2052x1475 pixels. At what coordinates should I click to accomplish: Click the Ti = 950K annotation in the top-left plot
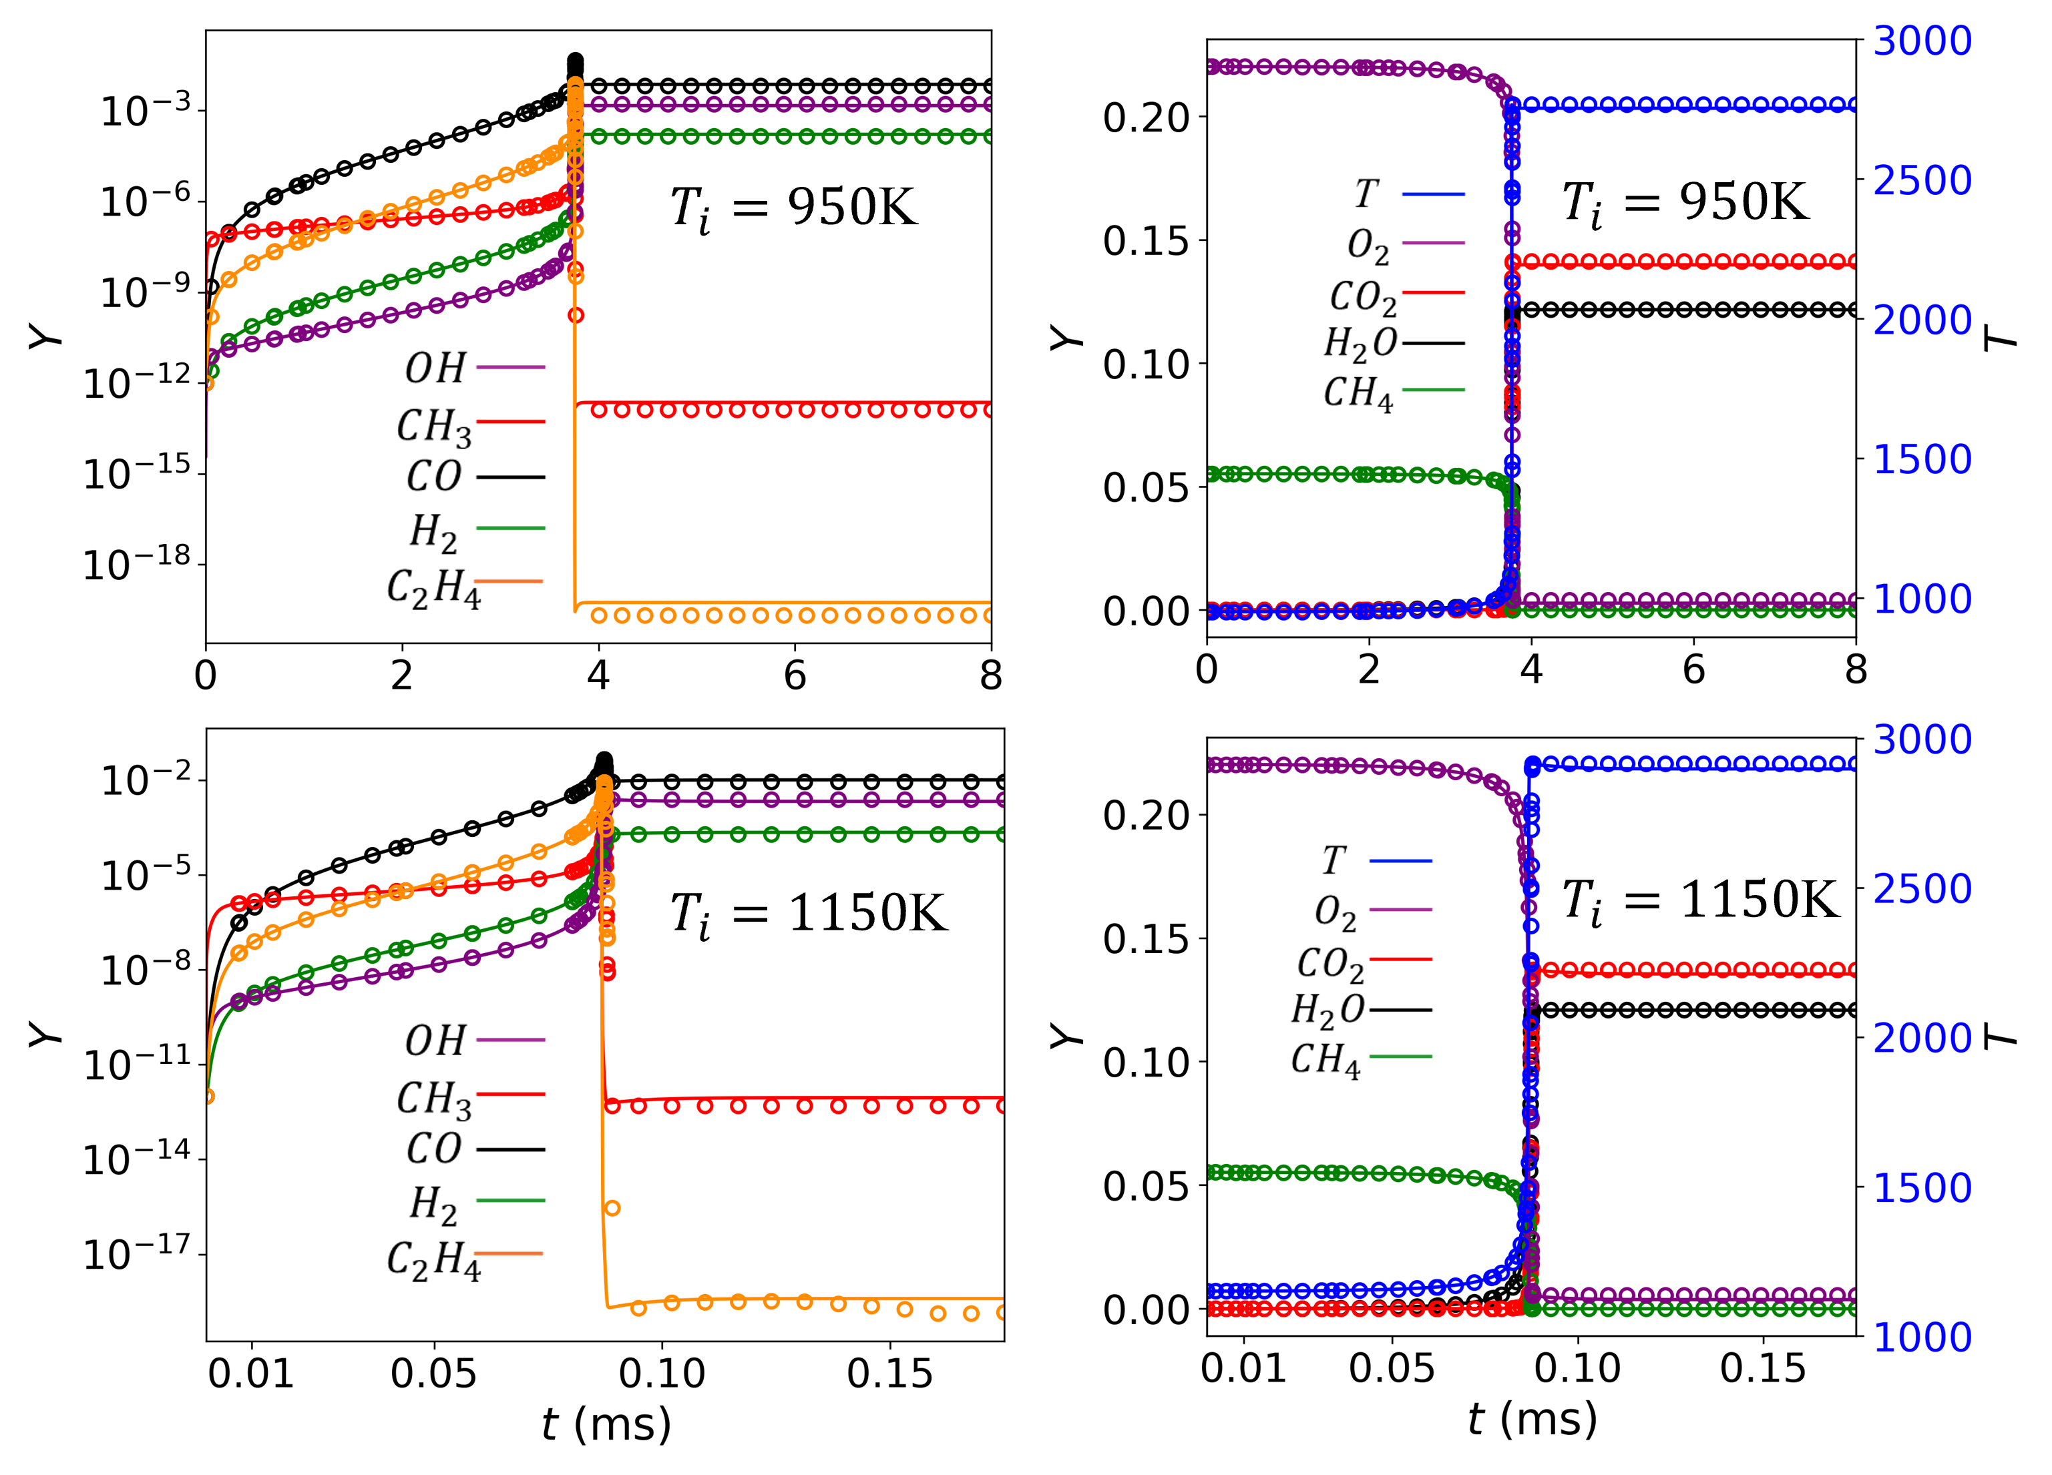(793, 209)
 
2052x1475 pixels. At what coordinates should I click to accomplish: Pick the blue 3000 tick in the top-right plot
(1922, 41)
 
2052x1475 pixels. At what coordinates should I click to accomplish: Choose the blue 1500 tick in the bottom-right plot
(1922, 1187)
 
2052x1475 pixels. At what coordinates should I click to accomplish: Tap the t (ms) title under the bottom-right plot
(1532, 1418)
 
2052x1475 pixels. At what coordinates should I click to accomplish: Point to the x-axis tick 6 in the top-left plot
(795, 675)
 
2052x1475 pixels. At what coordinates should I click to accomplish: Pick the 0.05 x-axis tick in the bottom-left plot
(434, 1374)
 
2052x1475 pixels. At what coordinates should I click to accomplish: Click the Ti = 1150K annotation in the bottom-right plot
(1701, 902)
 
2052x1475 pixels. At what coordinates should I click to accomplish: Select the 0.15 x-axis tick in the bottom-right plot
(1762, 1368)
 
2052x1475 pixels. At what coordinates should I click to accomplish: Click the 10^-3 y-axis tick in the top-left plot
(147, 111)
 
